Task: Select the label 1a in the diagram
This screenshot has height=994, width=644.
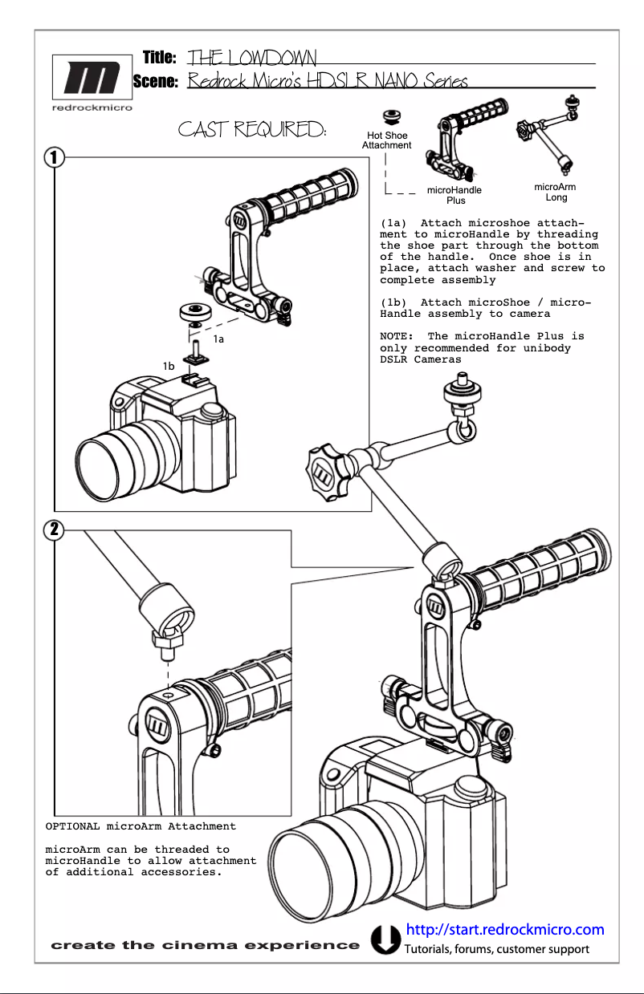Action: coord(218,339)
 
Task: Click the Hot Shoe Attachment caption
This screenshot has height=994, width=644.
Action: coord(386,140)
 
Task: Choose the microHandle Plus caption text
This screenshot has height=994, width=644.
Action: coord(454,195)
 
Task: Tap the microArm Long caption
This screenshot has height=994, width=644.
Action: coord(555,192)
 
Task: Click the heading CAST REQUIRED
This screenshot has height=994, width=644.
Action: coord(252,129)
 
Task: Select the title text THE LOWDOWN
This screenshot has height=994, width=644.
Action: coord(251,58)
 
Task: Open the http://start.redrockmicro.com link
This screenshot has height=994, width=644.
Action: coord(504,930)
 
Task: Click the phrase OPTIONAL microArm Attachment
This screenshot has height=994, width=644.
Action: coord(141,826)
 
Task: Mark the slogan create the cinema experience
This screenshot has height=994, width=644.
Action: coord(206,945)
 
